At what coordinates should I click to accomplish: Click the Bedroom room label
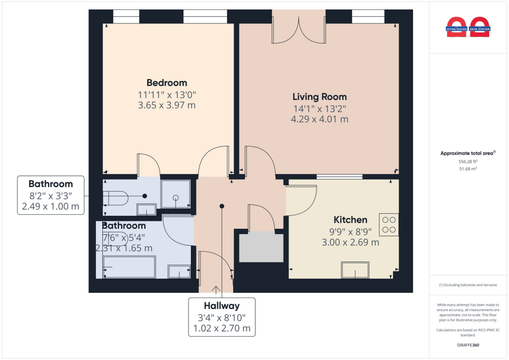click(167, 83)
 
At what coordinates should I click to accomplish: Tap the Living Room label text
click(319, 96)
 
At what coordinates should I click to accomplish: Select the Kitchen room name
click(350, 220)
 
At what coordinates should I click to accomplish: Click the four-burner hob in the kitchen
click(389, 224)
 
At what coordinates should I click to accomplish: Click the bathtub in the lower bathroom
click(129, 267)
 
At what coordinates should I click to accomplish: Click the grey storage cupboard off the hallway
click(260, 247)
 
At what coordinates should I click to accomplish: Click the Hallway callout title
click(222, 306)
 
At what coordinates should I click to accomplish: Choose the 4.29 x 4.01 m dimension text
click(319, 119)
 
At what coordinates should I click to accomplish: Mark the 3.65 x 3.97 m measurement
click(167, 105)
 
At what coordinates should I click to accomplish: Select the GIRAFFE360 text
click(468, 345)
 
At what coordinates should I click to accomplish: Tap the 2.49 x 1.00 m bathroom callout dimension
click(50, 206)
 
